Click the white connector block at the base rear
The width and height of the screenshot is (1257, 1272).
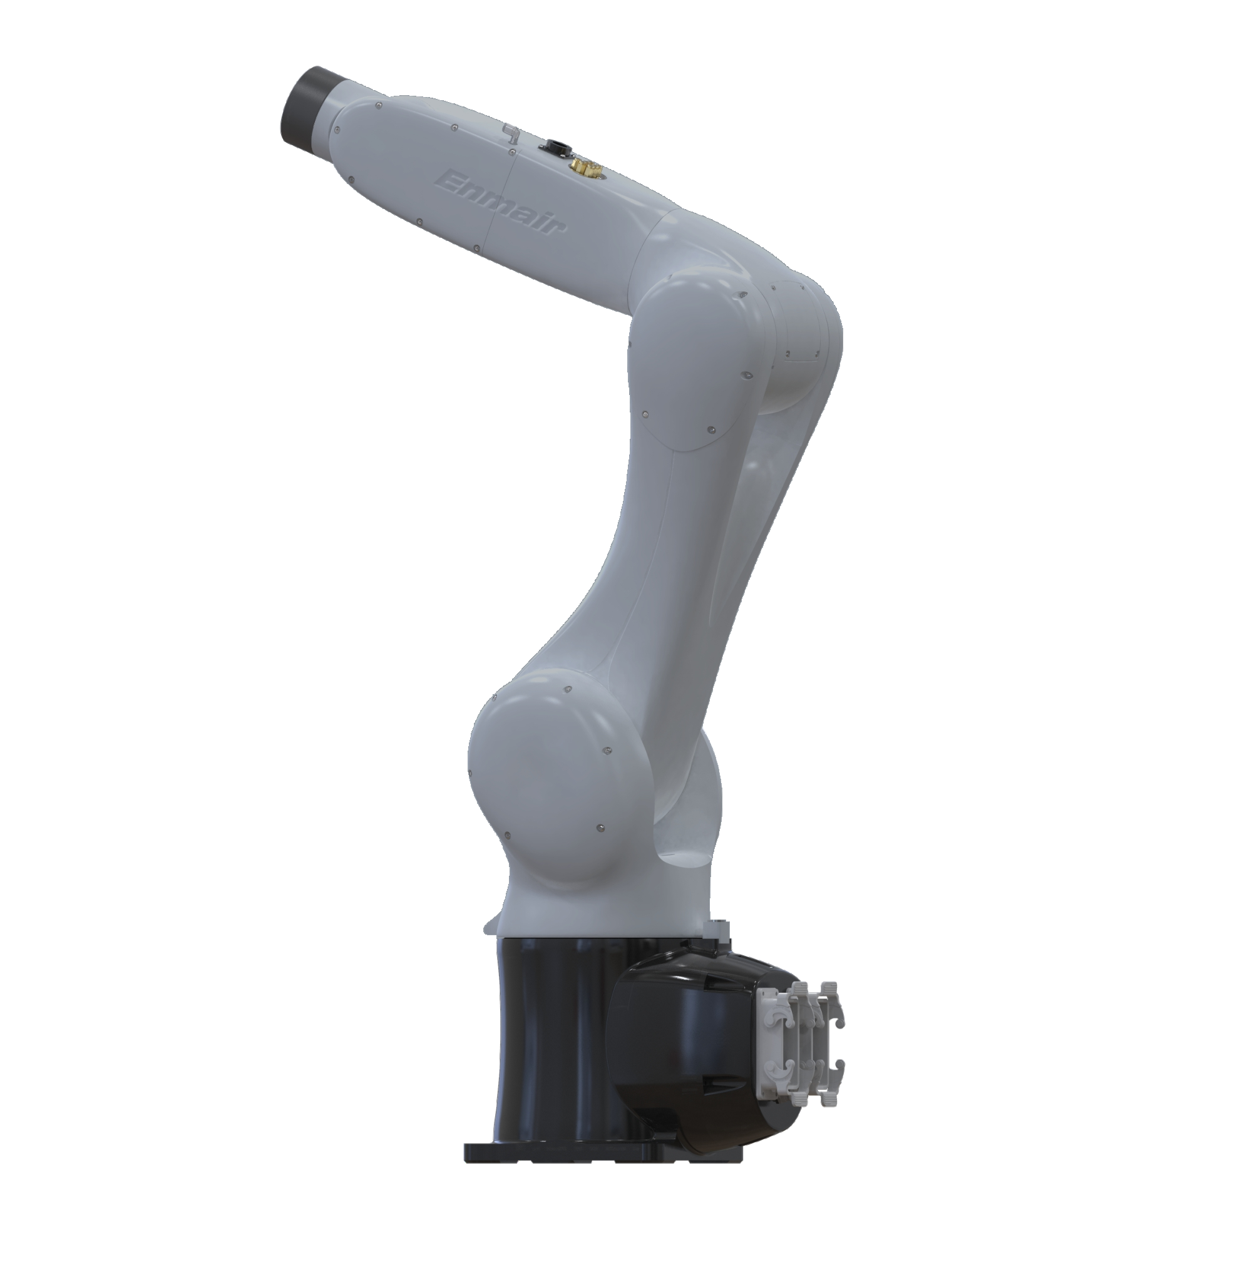click(800, 1047)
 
